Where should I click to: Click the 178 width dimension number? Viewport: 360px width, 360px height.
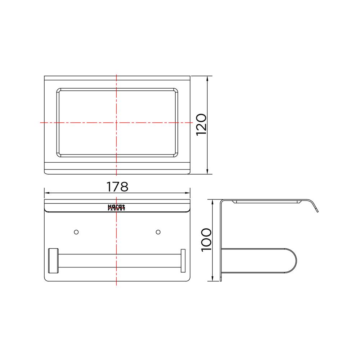pos(117,186)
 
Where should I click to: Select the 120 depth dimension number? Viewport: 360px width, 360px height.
pos(201,124)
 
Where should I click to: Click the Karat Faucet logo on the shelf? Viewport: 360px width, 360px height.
pos(116,207)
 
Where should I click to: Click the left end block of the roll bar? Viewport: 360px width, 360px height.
pos(53,261)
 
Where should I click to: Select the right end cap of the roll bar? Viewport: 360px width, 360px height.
pos(183,261)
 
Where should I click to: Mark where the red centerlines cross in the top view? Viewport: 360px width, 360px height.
pos(116,123)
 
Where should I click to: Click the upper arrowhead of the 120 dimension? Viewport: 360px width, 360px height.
pos(208,79)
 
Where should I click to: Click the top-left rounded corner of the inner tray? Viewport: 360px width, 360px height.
pos(59,90)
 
